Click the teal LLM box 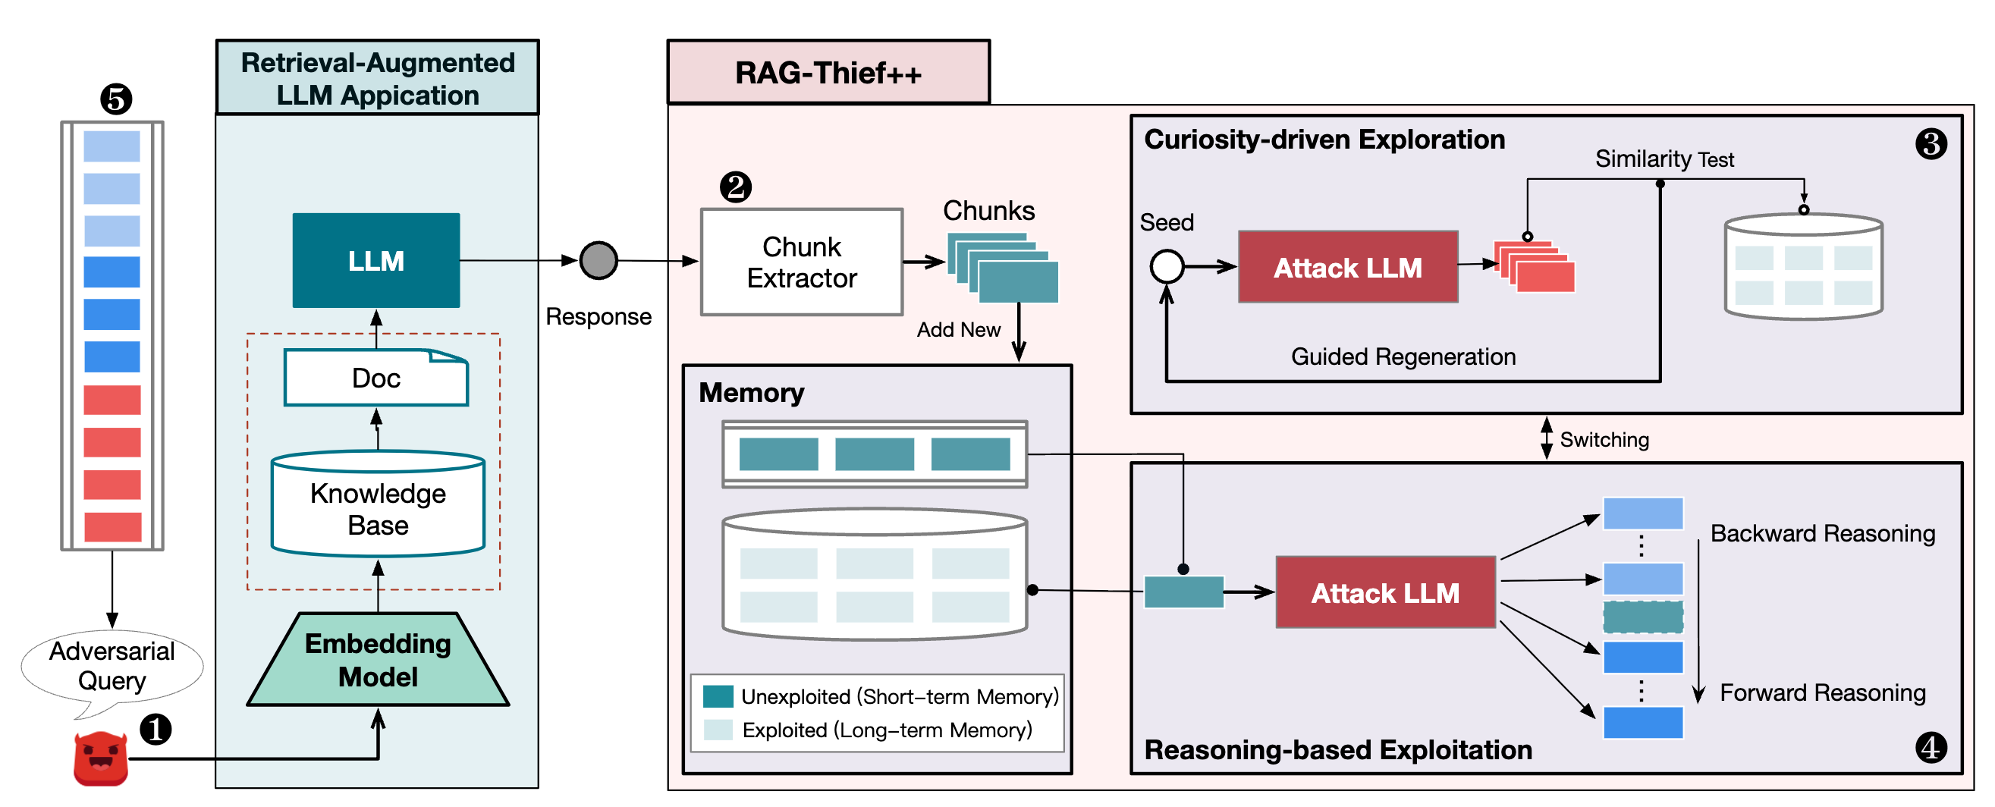(x=375, y=260)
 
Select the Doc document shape (x=375, y=378)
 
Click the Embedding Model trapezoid (x=378, y=660)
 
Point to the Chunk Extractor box (x=802, y=262)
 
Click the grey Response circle (x=598, y=260)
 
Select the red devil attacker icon (x=101, y=759)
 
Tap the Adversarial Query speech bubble (x=112, y=667)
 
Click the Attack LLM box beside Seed (x=1347, y=267)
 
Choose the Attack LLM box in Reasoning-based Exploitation (x=1384, y=592)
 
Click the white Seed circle (x=1167, y=267)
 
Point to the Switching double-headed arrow (x=1546, y=438)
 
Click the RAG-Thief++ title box (x=828, y=73)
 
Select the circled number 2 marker (x=736, y=187)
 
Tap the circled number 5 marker (x=116, y=99)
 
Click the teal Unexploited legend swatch (x=718, y=696)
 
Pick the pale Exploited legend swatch (x=718, y=730)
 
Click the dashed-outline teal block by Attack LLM (x=1642, y=617)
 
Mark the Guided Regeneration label (x=1403, y=356)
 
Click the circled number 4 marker (x=1931, y=747)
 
